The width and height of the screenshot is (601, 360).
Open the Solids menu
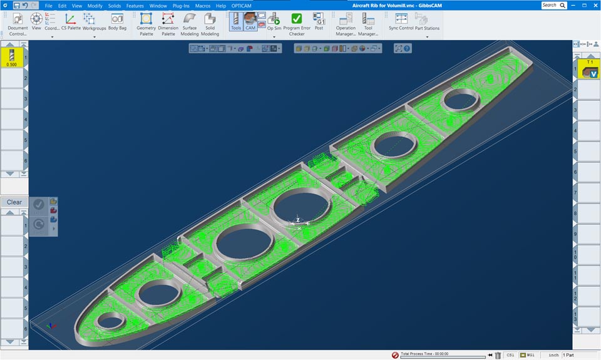tap(114, 6)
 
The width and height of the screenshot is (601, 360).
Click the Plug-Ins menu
tap(181, 6)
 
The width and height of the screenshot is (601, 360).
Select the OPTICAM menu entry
tap(241, 6)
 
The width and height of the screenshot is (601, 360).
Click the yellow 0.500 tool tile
tap(12, 57)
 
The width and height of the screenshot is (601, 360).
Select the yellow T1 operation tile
tap(589, 69)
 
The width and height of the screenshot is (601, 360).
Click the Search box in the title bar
tap(554, 5)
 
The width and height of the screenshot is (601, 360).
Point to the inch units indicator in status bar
tap(553, 355)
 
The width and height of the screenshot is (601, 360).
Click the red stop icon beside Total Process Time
tap(395, 355)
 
